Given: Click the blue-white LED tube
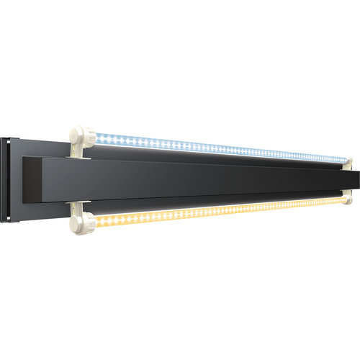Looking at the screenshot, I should point(216,147).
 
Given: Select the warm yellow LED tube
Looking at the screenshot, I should point(216,210).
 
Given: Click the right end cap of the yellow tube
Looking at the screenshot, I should point(351,195).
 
